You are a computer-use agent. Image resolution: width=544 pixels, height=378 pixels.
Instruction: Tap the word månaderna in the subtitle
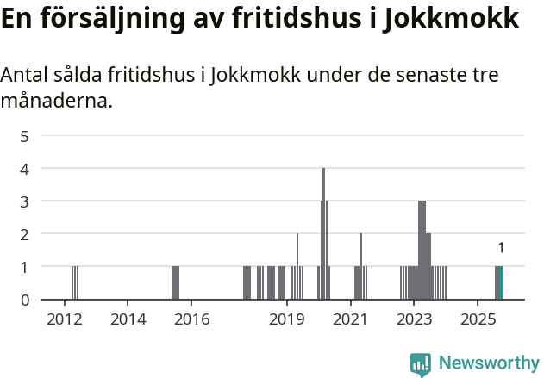56,102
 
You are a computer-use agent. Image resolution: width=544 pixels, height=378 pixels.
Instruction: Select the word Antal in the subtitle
24,76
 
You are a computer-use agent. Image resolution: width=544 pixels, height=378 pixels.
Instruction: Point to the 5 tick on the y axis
25,136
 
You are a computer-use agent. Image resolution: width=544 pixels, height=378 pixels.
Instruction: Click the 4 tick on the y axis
25,169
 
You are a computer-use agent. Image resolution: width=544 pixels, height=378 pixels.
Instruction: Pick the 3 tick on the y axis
25,201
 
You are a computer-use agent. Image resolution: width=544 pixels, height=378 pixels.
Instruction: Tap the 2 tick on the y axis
25,234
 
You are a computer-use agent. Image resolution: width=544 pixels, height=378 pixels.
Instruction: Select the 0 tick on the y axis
25,300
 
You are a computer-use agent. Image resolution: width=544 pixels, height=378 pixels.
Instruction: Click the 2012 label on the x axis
64,319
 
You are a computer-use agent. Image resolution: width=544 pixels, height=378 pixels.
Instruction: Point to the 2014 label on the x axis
128,319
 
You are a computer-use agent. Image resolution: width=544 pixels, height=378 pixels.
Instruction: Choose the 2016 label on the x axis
191,319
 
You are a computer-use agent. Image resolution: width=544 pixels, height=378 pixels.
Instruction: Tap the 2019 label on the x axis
287,319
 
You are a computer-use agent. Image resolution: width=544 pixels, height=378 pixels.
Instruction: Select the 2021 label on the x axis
350,319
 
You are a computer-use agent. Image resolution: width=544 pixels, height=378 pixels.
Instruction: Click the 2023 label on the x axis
413,319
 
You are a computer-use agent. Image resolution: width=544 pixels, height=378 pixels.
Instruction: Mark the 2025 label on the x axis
477,319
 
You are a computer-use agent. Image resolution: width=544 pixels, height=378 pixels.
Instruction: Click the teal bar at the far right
501,283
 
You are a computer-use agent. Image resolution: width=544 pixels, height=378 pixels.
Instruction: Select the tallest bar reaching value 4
324,234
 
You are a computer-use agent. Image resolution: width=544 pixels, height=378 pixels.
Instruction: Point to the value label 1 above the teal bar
501,248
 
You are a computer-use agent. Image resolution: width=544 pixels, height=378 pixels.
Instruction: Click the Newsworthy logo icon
421,364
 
